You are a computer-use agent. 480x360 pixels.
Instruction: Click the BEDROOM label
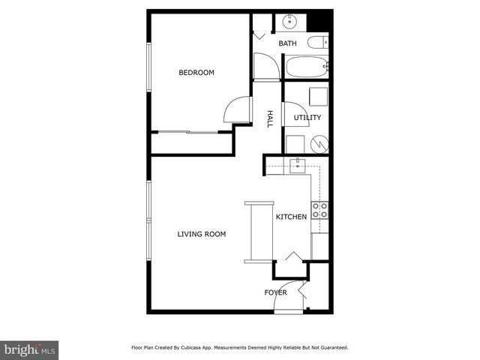[x=196, y=73]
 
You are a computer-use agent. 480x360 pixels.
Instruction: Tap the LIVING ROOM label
[x=201, y=234]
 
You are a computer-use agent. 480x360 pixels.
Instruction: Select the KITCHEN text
[x=291, y=217]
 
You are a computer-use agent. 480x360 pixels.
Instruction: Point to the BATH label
[x=288, y=43]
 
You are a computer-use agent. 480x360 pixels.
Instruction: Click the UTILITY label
[x=307, y=118]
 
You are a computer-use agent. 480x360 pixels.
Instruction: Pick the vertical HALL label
[x=270, y=118]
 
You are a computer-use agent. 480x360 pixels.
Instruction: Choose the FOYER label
[x=274, y=292]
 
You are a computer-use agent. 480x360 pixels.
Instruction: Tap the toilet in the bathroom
[x=317, y=42]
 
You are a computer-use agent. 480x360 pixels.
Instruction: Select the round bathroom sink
[x=289, y=22]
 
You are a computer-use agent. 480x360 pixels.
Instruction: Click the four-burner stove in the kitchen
[x=319, y=210]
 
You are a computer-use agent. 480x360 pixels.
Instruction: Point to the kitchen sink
[x=298, y=164]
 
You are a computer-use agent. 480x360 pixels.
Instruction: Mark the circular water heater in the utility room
[x=319, y=142]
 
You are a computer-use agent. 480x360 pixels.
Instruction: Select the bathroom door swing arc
[x=265, y=67]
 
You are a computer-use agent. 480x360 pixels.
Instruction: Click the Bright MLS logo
[x=29, y=349]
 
